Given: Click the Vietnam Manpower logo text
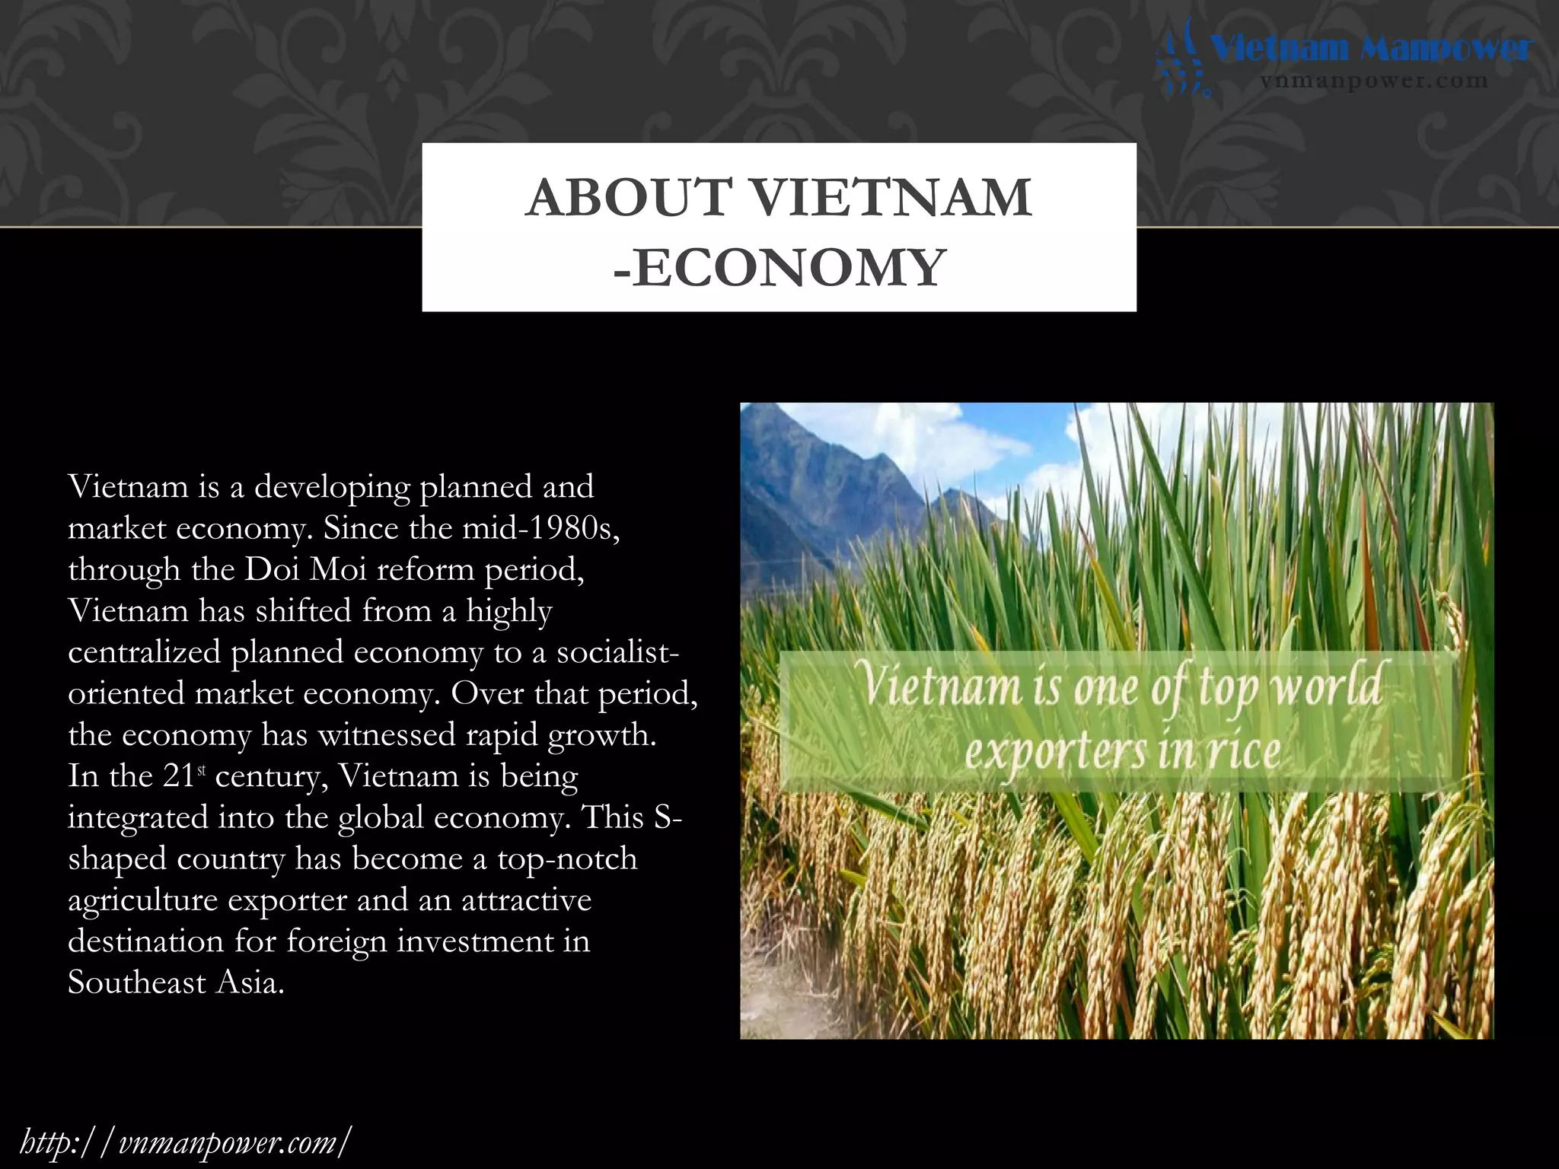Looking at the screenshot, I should click(1371, 49).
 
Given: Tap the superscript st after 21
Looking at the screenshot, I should click(202, 771).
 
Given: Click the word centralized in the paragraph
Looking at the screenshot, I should click(144, 652).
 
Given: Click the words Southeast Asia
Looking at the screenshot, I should click(176, 983).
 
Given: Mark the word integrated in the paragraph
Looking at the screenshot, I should click(137, 817).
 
